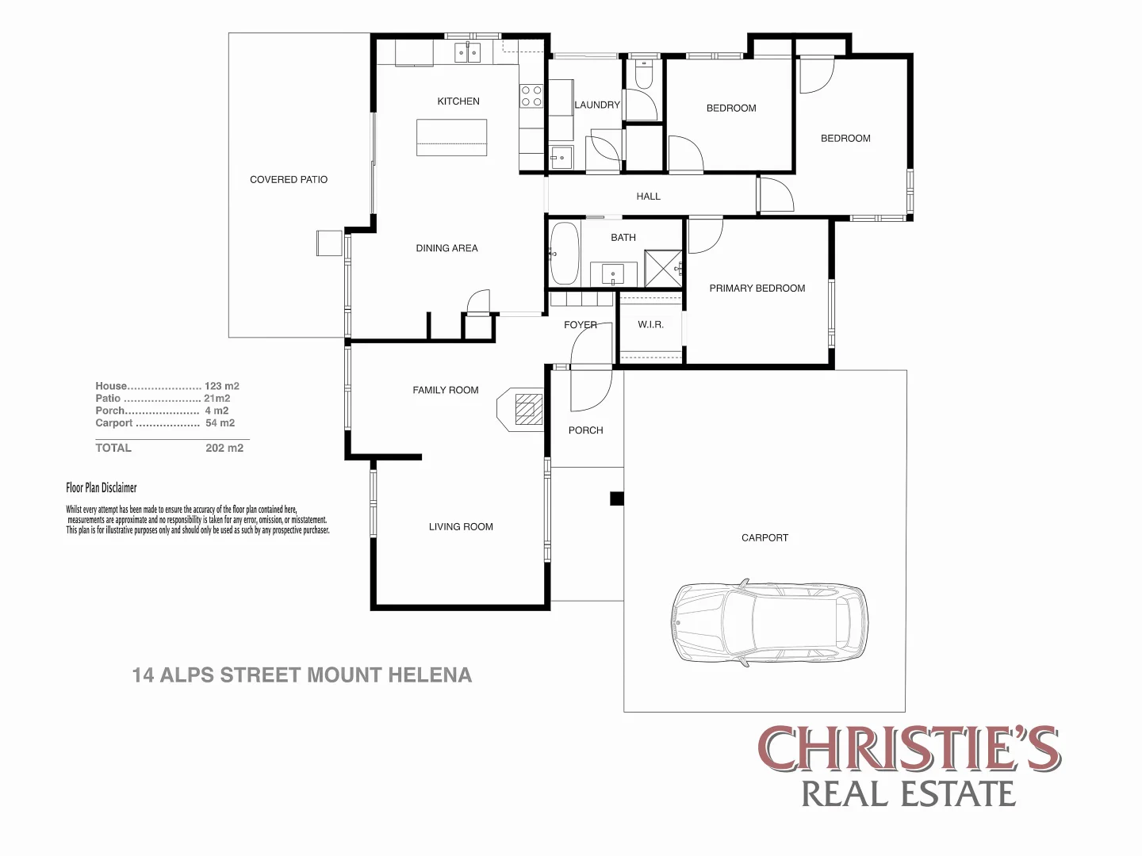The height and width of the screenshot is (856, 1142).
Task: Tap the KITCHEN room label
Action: click(x=458, y=101)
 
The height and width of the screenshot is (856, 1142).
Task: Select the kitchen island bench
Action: click(x=451, y=137)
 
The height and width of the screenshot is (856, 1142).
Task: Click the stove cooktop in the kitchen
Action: click(x=531, y=97)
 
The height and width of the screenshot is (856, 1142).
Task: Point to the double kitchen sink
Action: click(x=467, y=52)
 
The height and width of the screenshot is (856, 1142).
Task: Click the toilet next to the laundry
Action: click(x=643, y=74)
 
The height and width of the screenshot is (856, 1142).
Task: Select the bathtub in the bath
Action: click(x=564, y=253)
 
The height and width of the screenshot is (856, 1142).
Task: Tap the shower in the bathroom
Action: click(x=663, y=268)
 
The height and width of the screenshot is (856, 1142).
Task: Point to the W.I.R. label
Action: click(x=650, y=325)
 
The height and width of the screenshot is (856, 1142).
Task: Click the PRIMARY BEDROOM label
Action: click(x=757, y=289)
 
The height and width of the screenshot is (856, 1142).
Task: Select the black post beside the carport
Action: click(x=616, y=499)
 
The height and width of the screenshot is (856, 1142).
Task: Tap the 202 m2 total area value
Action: click(x=224, y=448)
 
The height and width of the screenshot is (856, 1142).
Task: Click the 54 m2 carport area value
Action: click(x=220, y=423)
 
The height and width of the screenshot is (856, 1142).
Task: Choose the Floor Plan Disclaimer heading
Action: click(x=102, y=488)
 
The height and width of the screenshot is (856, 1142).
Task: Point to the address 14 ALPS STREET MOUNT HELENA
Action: click(x=301, y=675)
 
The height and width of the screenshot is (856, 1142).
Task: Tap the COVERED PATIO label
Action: click(x=289, y=180)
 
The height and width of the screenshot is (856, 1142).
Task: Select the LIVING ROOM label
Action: click(x=461, y=527)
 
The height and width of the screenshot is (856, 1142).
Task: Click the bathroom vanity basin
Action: click(x=613, y=275)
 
